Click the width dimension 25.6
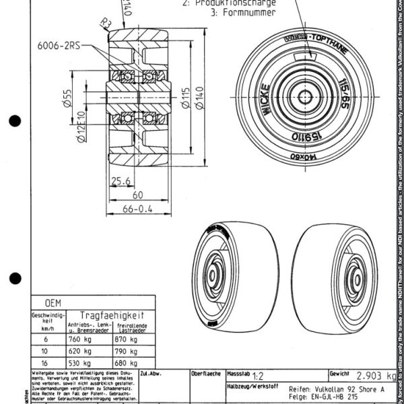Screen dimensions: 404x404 point(121,180)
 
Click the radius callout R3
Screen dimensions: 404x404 point(104,26)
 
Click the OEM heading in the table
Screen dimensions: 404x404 point(53,303)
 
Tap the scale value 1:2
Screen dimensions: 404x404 point(257,378)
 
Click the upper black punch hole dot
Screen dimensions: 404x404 point(14,122)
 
